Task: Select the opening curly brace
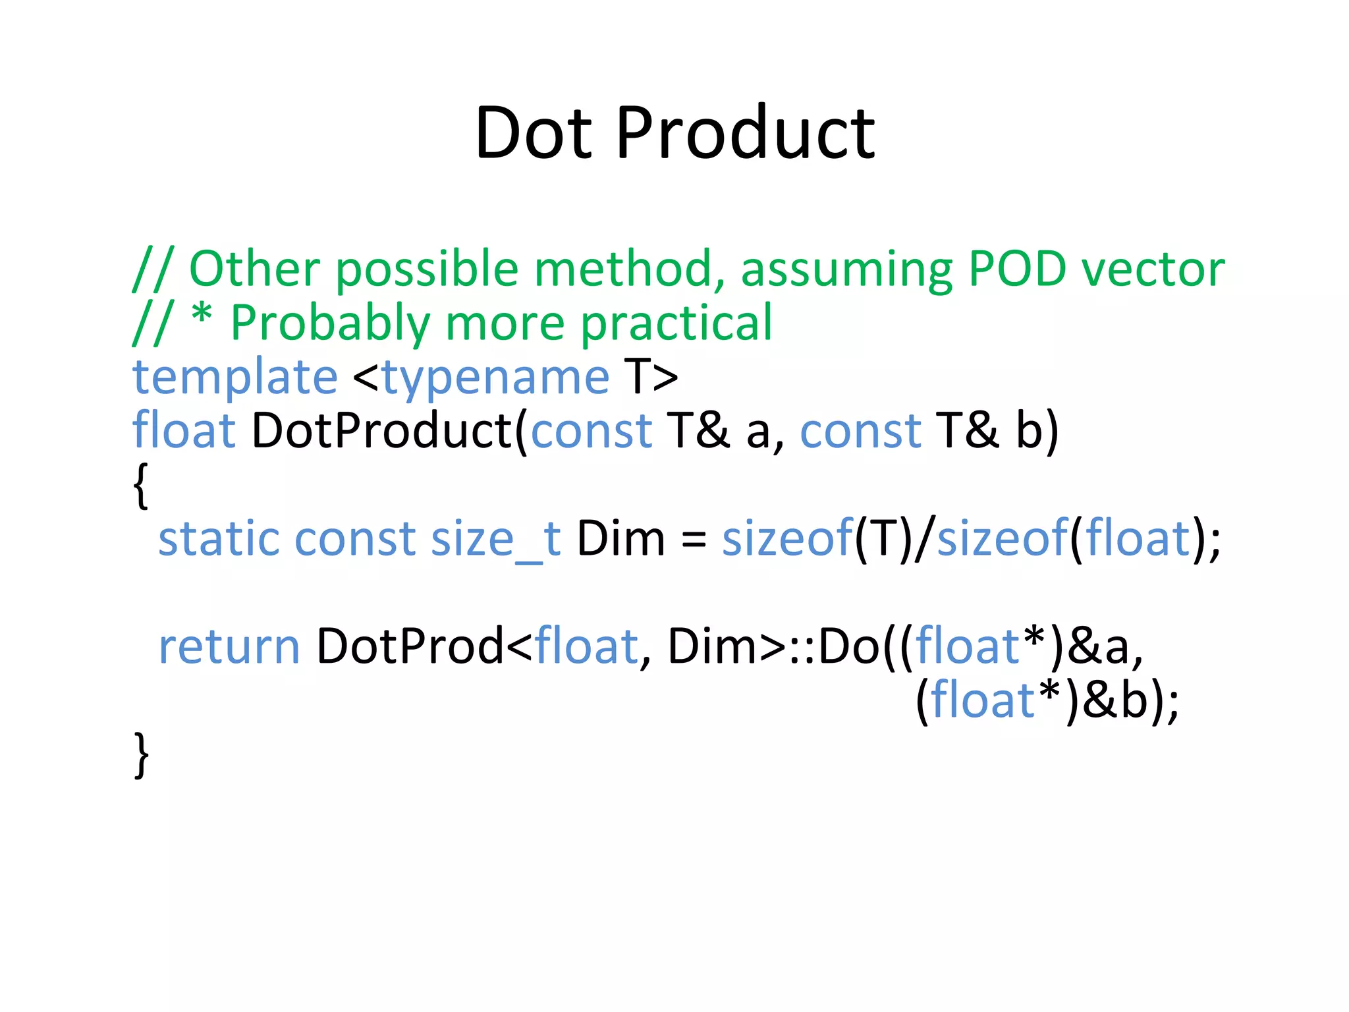pyautogui.click(x=140, y=485)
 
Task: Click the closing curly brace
pyautogui.click(x=141, y=755)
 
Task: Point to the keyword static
pyautogui.click(x=218, y=539)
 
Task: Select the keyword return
pyautogui.click(x=229, y=647)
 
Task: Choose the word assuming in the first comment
pyautogui.click(x=846, y=270)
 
